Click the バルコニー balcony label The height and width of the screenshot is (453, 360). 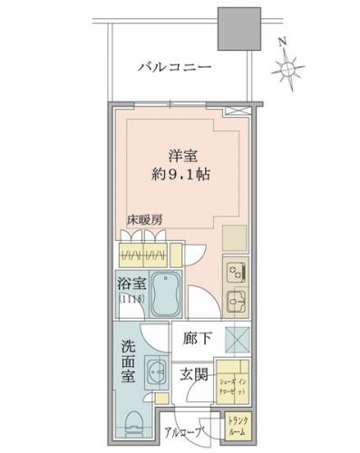pyautogui.click(x=175, y=68)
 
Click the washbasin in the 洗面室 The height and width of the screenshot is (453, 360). pyautogui.click(x=155, y=371)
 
